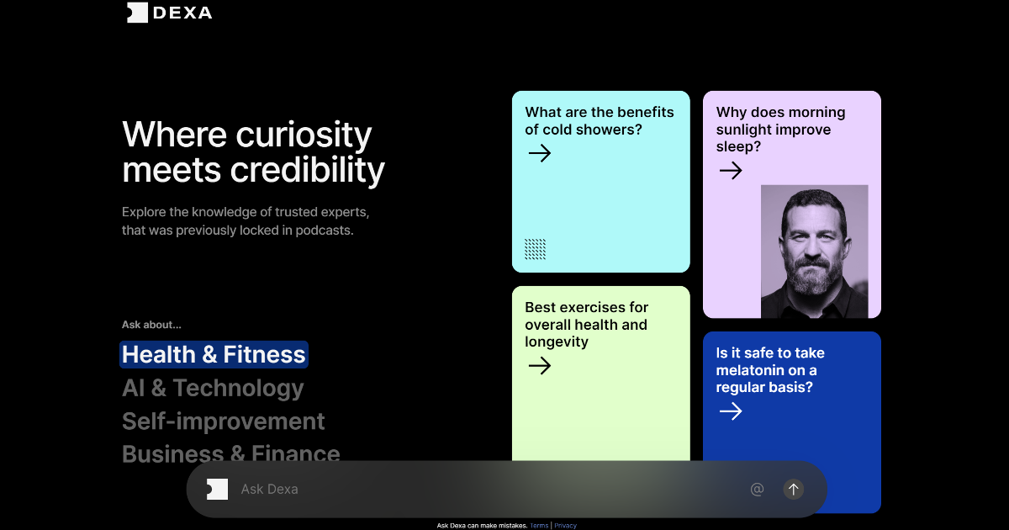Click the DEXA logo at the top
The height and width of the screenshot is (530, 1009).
click(x=169, y=12)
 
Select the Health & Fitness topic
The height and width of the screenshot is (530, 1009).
click(x=214, y=354)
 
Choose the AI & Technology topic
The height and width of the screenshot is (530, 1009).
click(x=213, y=388)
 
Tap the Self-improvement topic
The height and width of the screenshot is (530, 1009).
click(x=223, y=421)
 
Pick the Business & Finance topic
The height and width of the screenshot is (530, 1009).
click(x=230, y=453)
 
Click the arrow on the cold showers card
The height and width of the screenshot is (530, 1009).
click(x=540, y=153)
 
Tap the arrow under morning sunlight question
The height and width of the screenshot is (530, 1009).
click(x=731, y=170)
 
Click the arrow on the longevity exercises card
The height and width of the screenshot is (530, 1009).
click(x=540, y=365)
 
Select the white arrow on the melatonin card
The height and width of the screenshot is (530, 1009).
click(x=731, y=411)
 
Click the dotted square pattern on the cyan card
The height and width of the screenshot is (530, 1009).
click(x=535, y=249)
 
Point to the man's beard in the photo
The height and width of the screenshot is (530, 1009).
click(x=813, y=276)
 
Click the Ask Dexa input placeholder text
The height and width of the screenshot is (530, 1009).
click(x=269, y=490)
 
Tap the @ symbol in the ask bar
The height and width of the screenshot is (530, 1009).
click(x=758, y=489)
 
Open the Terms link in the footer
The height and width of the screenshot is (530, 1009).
click(x=539, y=526)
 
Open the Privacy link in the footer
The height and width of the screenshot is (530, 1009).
click(x=565, y=526)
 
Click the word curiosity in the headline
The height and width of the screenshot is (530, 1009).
click(x=304, y=135)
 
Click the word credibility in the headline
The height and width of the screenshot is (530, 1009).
click(x=308, y=170)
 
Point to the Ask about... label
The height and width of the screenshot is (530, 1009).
click(x=151, y=325)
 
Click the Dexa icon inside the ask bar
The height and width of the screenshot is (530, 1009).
click(x=217, y=490)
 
